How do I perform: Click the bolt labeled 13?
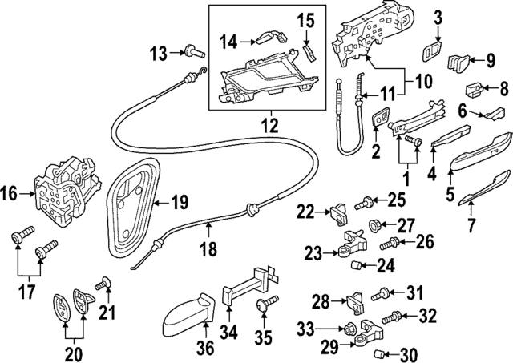(x=192, y=54)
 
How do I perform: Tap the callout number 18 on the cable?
(x=208, y=250)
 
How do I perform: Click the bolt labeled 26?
(x=390, y=241)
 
